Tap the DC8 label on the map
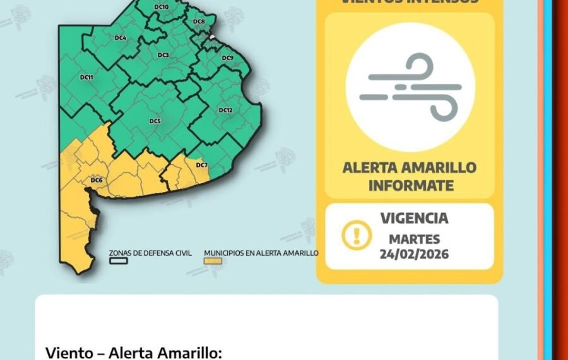199,21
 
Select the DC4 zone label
121,38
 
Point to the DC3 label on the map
163,56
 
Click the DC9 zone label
228,58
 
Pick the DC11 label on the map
86,77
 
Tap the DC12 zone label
225,110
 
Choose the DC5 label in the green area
155,121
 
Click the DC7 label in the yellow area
201,165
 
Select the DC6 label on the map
96,181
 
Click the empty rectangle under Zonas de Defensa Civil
118,260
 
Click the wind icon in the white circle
410,87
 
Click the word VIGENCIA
414,219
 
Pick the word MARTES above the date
414,239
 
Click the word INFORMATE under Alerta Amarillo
410,186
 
